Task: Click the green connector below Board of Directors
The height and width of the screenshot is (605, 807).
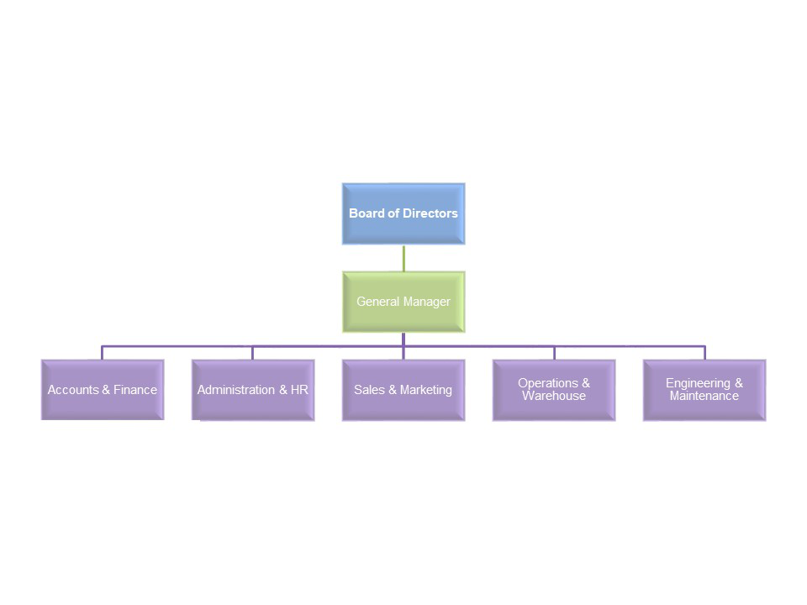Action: (x=403, y=258)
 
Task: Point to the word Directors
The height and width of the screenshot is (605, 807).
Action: (x=430, y=213)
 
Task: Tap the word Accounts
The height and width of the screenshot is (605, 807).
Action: (x=73, y=390)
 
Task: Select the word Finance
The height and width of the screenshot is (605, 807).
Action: (x=135, y=390)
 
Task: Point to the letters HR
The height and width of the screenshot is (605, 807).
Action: (x=299, y=390)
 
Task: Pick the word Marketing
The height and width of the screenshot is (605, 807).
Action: (x=426, y=390)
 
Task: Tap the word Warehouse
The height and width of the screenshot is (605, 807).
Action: (x=554, y=396)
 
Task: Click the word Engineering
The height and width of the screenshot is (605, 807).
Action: (x=699, y=383)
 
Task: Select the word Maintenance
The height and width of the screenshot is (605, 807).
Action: (x=704, y=396)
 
